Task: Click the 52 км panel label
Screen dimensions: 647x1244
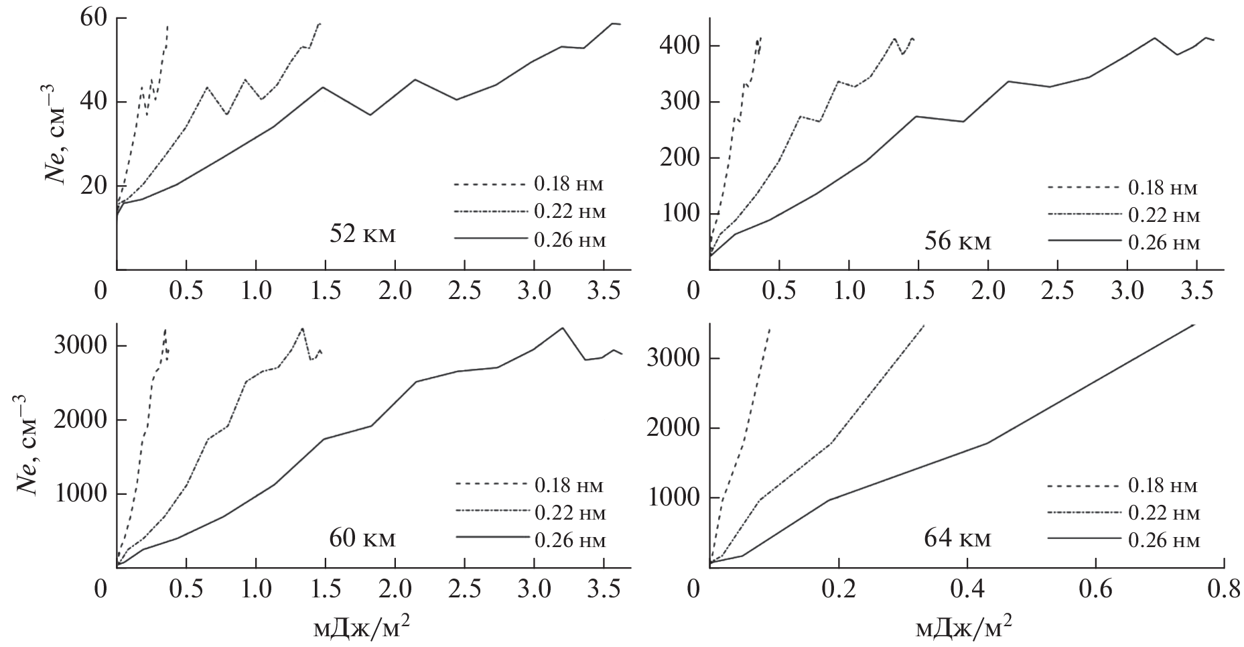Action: (x=362, y=235)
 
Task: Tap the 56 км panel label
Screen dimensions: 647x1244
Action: (x=957, y=241)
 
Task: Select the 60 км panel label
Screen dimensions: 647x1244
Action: (x=362, y=538)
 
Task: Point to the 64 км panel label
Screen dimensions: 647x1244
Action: (x=957, y=538)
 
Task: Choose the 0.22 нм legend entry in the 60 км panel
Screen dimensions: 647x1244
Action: (x=569, y=514)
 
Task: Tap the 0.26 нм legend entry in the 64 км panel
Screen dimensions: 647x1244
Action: (x=1164, y=540)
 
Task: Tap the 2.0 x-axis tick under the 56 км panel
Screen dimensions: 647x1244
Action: (x=988, y=292)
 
